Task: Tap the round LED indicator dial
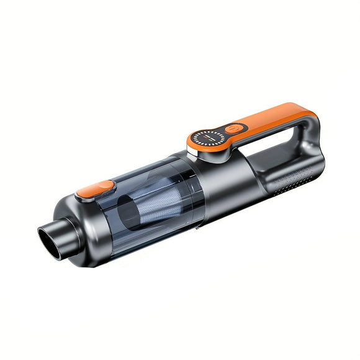207,138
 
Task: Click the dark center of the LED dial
207,138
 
